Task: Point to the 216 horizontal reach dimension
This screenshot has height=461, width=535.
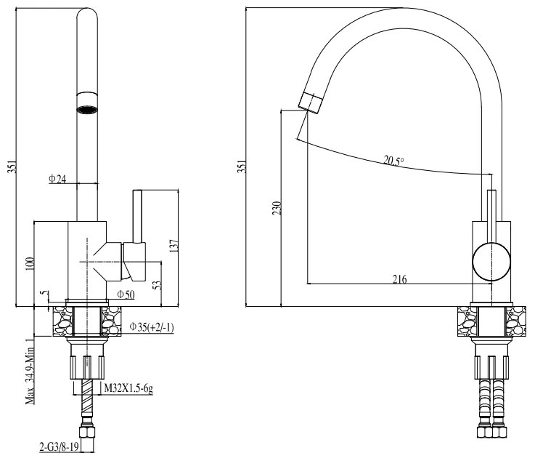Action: tap(399, 279)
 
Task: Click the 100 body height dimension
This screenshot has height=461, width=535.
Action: tap(30, 263)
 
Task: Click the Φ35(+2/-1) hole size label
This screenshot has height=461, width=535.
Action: tap(151, 327)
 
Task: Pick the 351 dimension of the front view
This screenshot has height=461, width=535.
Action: tap(9, 167)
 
